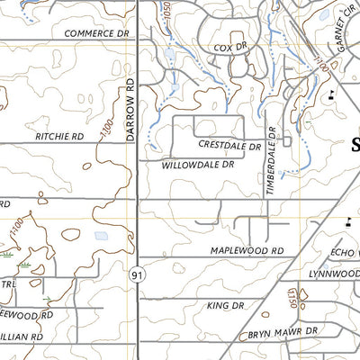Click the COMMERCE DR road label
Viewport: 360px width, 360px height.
(x=97, y=32)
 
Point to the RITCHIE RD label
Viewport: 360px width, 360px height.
(x=59, y=136)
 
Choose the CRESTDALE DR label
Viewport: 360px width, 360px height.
(x=229, y=144)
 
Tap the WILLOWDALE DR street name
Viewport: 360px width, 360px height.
(x=197, y=166)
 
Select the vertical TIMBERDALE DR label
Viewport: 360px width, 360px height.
(x=268, y=163)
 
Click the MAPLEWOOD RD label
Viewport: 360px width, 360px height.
(x=247, y=250)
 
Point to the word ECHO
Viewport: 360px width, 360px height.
(x=345, y=253)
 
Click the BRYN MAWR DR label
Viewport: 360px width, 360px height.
(x=284, y=334)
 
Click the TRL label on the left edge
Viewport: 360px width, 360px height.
(x=7, y=283)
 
